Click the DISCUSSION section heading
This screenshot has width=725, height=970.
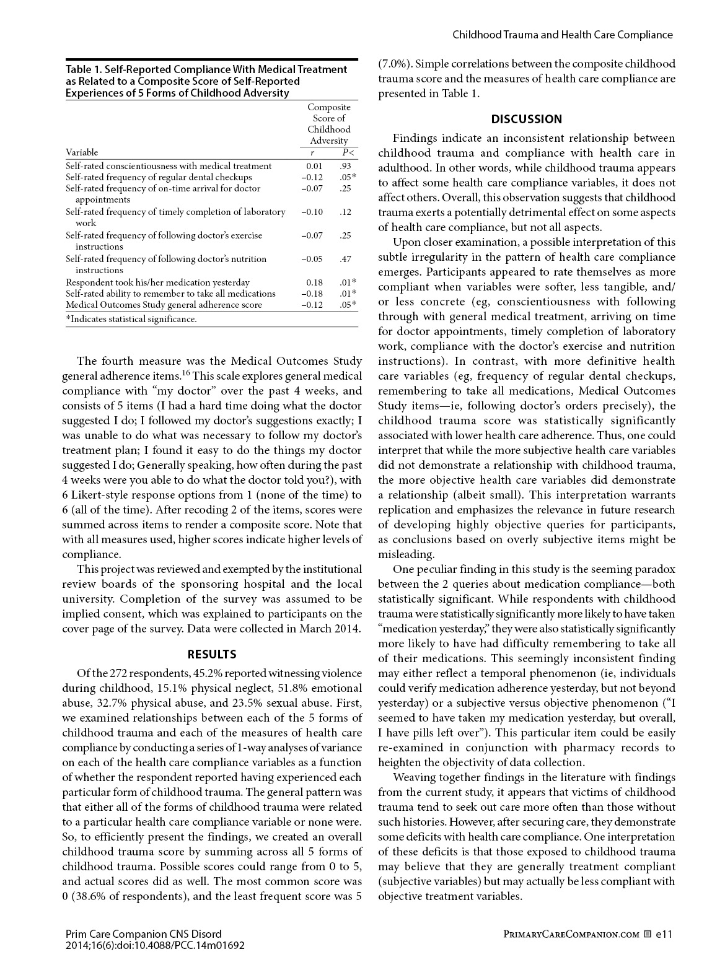pyautogui.click(x=526, y=119)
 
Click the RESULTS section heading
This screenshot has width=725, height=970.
pyautogui.click(x=212, y=654)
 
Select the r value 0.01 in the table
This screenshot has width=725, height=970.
pyautogui.click(x=314, y=166)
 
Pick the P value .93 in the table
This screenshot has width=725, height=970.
pyautogui.click(x=345, y=166)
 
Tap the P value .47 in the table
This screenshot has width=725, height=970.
pyautogui.click(x=345, y=259)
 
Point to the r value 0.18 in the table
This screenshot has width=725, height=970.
pyautogui.click(x=314, y=282)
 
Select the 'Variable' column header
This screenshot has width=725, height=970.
pyautogui.click(x=82, y=152)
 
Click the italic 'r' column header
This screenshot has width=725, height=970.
pyautogui.click(x=312, y=152)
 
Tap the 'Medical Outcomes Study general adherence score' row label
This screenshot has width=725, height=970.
pyautogui.click(x=164, y=305)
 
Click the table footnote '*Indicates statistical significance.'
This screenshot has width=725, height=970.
pyautogui.click(x=131, y=319)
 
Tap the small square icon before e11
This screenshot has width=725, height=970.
pyautogui.click(x=648, y=934)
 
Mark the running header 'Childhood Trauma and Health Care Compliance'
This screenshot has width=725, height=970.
pyautogui.click(x=562, y=35)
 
